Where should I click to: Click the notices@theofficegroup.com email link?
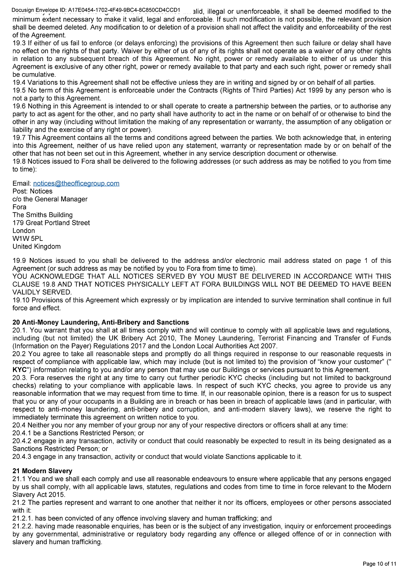[x=76, y=183]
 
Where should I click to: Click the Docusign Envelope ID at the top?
[x=96, y=10]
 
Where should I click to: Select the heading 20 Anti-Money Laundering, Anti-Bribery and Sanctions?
[x=101, y=322]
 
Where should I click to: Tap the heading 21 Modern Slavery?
[x=42, y=471]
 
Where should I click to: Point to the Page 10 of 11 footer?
[x=379, y=564]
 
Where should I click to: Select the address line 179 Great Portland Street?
[x=51, y=223]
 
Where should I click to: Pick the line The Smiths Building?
[x=43, y=215]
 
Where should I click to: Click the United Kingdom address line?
[x=36, y=246]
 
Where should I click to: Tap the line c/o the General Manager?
[x=50, y=199]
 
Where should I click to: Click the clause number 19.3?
[x=19, y=43]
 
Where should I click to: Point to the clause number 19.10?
[x=21, y=300]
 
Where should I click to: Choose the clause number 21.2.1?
[x=22, y=519]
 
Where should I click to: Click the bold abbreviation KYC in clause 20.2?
[x=20, y=370]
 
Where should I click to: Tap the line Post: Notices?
[x=32, y=191]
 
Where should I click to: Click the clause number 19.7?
[x=19, y=138]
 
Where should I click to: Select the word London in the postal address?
[x=24, y=231]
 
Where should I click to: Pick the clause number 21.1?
[x=19, y=479]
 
